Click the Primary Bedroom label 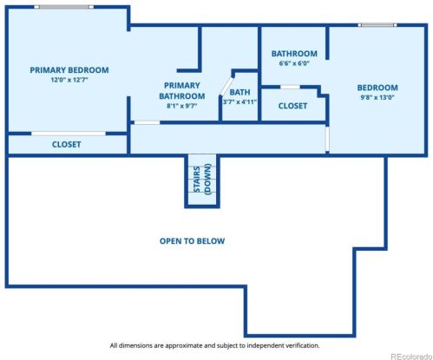coord(69,70)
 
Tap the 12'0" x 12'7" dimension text coord(69,80)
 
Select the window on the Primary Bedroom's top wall coord(64,7)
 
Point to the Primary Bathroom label coord(182,90)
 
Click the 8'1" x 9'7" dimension coord(182,106)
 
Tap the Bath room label coord(239,93)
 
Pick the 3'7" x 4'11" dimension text coord(239,101)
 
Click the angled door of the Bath coord(226,86)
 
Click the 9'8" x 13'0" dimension coord(377,97)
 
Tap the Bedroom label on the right coord(377,88)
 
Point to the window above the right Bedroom coord(377,25)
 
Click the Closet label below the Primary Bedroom coord(66,145)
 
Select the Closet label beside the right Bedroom coord(292,106)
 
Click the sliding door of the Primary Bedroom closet coord(69,134)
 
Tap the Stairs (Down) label coord(202,180)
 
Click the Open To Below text coord(193,241)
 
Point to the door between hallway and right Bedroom coord(327,139)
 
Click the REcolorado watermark coord(411,357)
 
